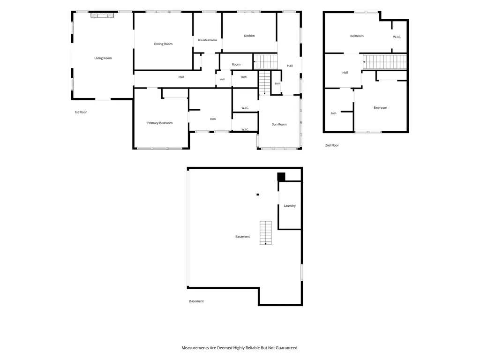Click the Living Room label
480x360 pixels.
click(103, 58)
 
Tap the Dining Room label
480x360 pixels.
click(163, 44)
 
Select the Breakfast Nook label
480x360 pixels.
click(208, 40)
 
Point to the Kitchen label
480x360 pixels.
click(249, 36)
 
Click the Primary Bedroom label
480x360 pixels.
click(160, 123)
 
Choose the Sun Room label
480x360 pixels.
click(279, 124)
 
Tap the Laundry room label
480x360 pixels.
click(290, 206)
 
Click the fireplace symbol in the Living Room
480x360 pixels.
click(102, 15)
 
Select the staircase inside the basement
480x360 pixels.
click(265, 232)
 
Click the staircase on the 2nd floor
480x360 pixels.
click(385, 62)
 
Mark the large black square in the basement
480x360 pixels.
click(281, 177)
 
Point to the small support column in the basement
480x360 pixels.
click(258, 195)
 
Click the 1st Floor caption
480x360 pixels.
click(81, 112)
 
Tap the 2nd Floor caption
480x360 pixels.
click(332, 145)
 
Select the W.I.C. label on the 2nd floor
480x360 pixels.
click(397, 37)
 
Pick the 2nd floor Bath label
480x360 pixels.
click(333, 113)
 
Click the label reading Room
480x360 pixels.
click(236, 65)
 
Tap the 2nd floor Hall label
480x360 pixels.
click(345, 73)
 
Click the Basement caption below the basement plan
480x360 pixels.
click(196, 301)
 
